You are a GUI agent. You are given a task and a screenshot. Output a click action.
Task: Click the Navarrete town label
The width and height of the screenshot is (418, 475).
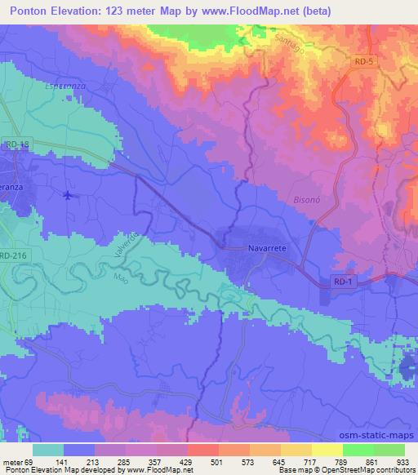pyautogui.click(x=265, y=247)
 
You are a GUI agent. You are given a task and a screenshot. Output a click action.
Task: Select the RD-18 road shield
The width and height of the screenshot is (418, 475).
pyautogui.click(x=16, y=144)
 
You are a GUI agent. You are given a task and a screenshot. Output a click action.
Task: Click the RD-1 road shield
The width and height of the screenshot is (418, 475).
pyautogui.click(x=345, y=281)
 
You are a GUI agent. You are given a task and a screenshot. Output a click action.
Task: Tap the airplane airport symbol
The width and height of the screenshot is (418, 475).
pyautogui.click(x=67, y=195)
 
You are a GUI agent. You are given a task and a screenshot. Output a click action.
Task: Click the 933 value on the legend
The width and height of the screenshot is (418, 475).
pyautogui.click(x=402, y=461)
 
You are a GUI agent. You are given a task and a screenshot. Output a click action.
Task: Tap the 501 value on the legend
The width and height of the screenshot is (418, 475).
pyautogui.click(x=217, y=461)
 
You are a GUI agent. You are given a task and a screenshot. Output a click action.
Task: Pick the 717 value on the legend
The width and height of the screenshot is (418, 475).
pyautogui.click(x=310, y=461)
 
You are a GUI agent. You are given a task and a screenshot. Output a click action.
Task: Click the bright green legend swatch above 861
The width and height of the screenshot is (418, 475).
pyautogui.click(x=358, y=450)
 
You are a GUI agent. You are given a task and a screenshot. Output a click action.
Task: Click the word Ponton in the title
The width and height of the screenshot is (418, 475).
pyautogui.click(x=26, y=11)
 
